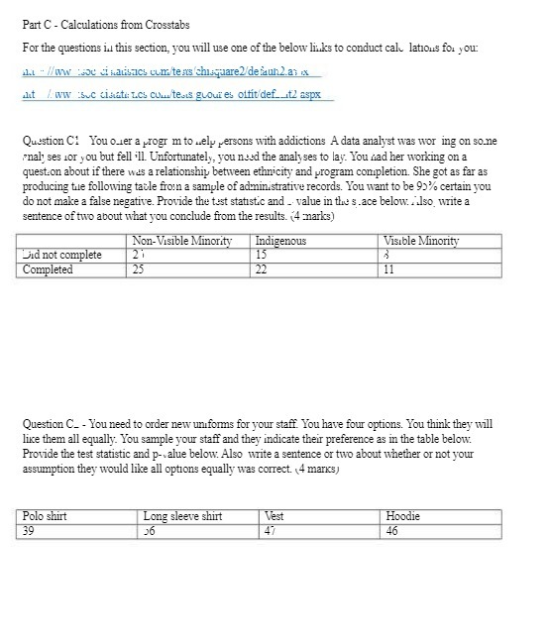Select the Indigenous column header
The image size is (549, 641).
pos(281,241)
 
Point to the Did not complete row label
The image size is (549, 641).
pos(61,255)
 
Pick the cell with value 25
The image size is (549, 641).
pos(138,269)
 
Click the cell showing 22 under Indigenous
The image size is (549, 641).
pos(263,269)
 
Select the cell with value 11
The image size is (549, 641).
pos(388,269)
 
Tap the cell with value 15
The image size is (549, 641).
pos(263,255)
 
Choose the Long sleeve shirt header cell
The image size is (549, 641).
pos(183,516)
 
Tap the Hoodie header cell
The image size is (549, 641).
pos(402,516)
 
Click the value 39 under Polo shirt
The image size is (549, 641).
pos(31,530)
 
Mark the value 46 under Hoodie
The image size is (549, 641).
pos(393,530)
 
